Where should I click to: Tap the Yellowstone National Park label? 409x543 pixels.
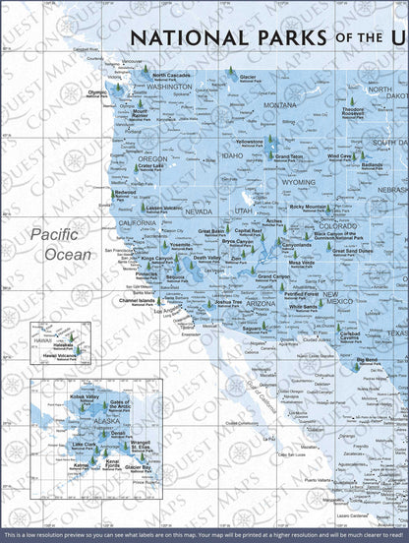click(250, 143)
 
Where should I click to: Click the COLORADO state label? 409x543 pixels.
click(338, 225)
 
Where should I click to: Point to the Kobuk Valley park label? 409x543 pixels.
click(86, 396)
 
